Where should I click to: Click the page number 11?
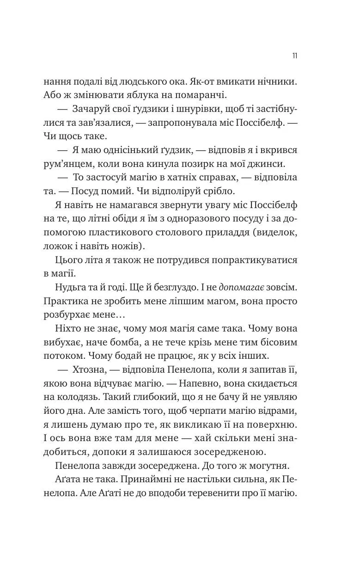click(294, 55)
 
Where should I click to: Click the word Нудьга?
click(70, 287)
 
